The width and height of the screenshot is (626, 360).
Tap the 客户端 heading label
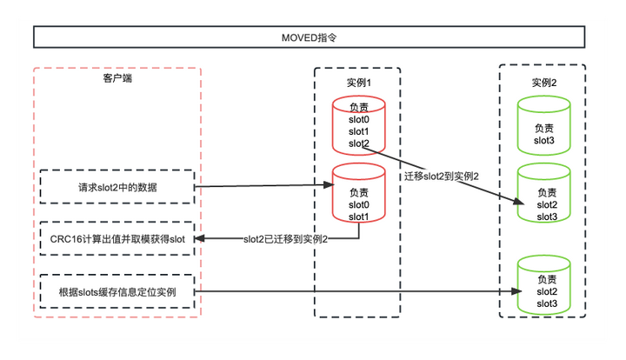pos(117,79)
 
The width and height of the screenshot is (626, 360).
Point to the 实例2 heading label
pos(543,83)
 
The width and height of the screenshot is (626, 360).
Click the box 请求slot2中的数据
pos(117,187)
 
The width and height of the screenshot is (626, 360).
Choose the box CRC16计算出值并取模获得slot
pos(117,238)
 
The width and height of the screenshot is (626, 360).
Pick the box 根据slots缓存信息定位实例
pos(117,292)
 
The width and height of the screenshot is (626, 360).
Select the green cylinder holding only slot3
pos(543,125)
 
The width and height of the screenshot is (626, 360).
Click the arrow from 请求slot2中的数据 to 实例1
pos(261,186)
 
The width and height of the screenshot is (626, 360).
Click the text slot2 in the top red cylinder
pos(359,143)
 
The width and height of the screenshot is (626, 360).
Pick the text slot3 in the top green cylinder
pos(544,140)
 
